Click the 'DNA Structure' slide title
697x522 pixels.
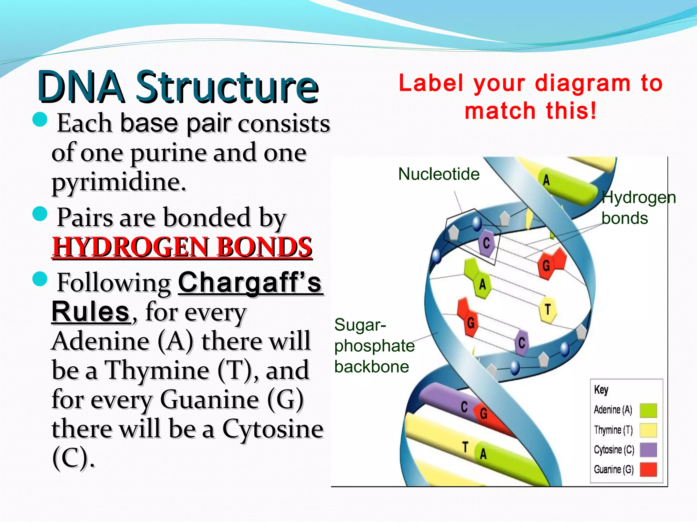pyautogui.click(x=178, y=87)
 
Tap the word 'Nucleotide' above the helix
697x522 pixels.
pyautogui.click(x=439, y=174)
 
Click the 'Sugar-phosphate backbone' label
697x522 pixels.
pyautogui.click(x=374, y=346)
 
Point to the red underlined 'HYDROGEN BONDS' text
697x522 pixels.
pyautogui.click(x=182, y=247)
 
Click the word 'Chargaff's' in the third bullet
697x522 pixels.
pyautogui.click(x=250, y=283)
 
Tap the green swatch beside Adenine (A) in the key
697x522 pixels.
pyautogui.click(x=648, y=410)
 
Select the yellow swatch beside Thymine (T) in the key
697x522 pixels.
pyautogui.click(x=648, y=430)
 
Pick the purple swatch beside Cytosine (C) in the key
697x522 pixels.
pyautogui.click(x=648, y=450)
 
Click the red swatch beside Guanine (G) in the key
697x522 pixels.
pyautogui.click(x=648, y=470)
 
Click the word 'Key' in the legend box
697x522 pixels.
pyautogui.click(x=601, y=389)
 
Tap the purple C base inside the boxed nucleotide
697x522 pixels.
pyautogui.click(x=486, y=243)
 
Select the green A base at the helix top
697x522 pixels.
pyautogui.click(x=547, y=180)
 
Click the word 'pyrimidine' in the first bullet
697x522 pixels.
pyautogui.click(x=118, y=182)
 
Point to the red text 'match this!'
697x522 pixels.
pyautogui.click(x=531, y=111)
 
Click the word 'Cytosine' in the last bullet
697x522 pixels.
pyautogui.click(x=273, y=429)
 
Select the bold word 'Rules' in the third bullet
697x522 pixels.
pyautogui.click(x=91, y=312)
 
